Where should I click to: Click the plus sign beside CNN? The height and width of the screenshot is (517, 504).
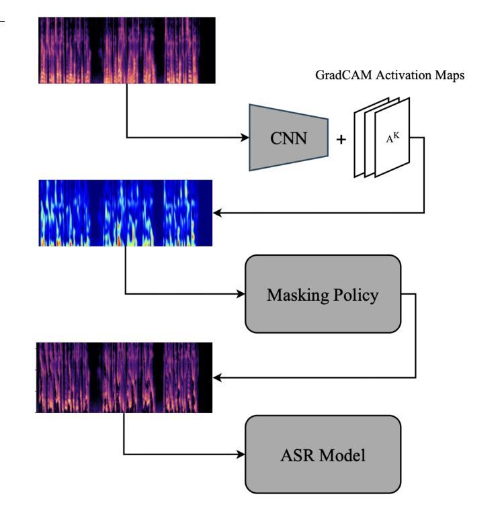[x=341, y=140]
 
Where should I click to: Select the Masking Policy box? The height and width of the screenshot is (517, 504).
[x=323, y=293]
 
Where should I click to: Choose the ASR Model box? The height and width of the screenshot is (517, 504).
[x=323, y=455]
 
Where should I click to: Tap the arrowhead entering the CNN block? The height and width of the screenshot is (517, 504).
[x=245, y=139]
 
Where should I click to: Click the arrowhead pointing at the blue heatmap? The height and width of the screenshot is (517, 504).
[x=217, y=213]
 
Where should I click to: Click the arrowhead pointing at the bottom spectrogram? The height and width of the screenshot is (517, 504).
[x=217, y=377]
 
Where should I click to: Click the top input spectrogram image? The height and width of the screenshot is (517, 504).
[x=127, y=50]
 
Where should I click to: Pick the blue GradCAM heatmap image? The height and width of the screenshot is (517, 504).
[x=126, y=213]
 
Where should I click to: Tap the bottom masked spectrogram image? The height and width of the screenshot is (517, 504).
[x=124, y=377]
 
